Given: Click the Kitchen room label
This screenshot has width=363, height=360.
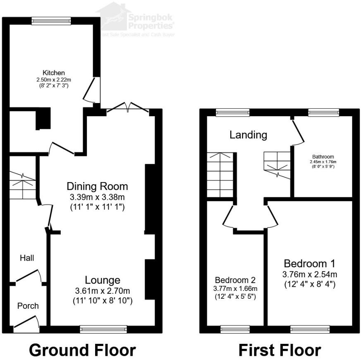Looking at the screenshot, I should [54, 73].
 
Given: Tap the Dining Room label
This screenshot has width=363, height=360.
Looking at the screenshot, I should [98, 186].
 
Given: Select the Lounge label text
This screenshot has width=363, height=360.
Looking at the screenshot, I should [103, 280].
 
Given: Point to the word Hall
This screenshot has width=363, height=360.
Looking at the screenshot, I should [27, 258].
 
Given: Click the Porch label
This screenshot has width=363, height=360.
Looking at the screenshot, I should [28, 306].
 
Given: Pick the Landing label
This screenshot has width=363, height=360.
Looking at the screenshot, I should [248, 134].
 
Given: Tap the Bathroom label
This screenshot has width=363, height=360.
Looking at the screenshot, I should [323, 157].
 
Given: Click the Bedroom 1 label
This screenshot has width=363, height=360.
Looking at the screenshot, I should [310, 263].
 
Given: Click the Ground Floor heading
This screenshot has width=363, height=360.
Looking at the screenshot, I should [82, 350].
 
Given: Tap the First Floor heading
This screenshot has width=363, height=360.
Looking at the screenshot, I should [279, 350].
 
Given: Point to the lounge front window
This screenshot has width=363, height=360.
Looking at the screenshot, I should [103, 329].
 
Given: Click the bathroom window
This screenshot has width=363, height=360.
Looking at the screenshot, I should [323, 112].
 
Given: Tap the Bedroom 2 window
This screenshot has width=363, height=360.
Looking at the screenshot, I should [235, 329].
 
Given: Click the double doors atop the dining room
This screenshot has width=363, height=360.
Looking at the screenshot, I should [128, 108].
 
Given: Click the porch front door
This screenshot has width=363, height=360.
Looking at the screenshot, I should [27, 325].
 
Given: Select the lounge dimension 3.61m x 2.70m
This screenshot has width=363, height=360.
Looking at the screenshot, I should [103, 291].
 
